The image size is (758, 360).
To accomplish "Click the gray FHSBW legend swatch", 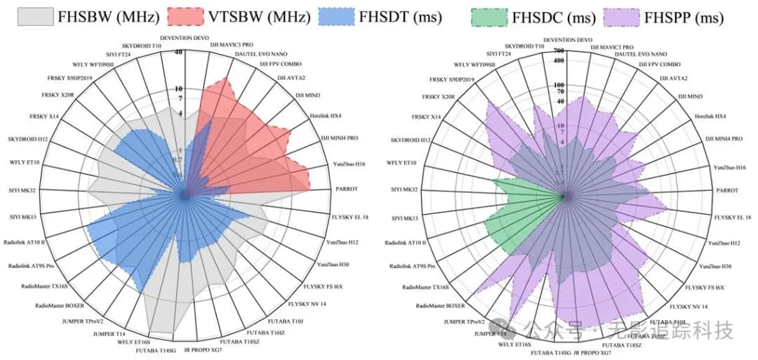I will click(35, 15).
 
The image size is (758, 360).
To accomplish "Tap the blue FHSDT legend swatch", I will click(341, 15).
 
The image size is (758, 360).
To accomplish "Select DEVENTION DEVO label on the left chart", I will click(185, 39).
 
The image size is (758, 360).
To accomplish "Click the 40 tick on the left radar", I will click(179, 52).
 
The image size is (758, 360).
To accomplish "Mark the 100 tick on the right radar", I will click(559, 85).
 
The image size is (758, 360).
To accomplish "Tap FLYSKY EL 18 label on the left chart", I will click(350, 218).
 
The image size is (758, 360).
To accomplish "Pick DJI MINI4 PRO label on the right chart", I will click(723, 139).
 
